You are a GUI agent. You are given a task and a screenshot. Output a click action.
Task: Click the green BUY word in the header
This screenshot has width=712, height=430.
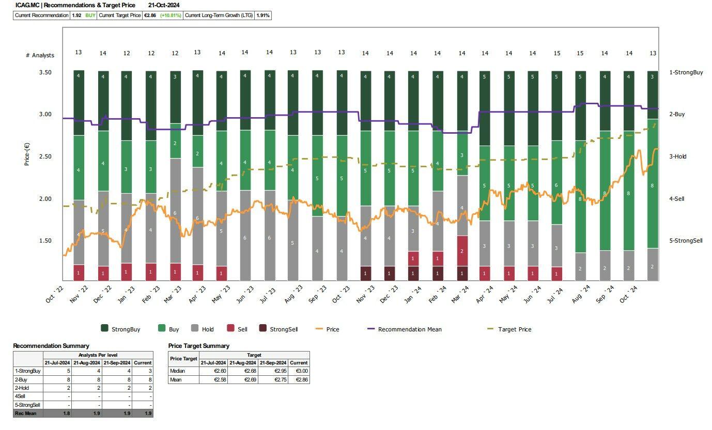pos(90,15)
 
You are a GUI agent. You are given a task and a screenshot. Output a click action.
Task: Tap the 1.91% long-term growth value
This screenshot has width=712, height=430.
pos(263,15)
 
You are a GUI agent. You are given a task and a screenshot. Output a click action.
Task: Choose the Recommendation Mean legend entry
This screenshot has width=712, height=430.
pos(409,329)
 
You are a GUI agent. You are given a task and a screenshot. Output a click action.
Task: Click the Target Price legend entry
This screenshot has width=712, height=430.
pos(515,329)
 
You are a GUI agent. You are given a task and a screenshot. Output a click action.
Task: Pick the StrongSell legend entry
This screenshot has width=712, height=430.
pos(283,329)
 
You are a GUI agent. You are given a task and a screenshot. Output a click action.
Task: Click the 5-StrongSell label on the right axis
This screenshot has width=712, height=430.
pos(686,241)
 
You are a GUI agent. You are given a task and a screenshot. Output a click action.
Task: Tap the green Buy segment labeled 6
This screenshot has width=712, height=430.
pos(556,185)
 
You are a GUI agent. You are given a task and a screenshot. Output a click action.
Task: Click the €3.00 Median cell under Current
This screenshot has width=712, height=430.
pos(299,371)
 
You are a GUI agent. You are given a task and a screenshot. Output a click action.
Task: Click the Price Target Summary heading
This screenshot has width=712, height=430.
pos(198,346)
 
